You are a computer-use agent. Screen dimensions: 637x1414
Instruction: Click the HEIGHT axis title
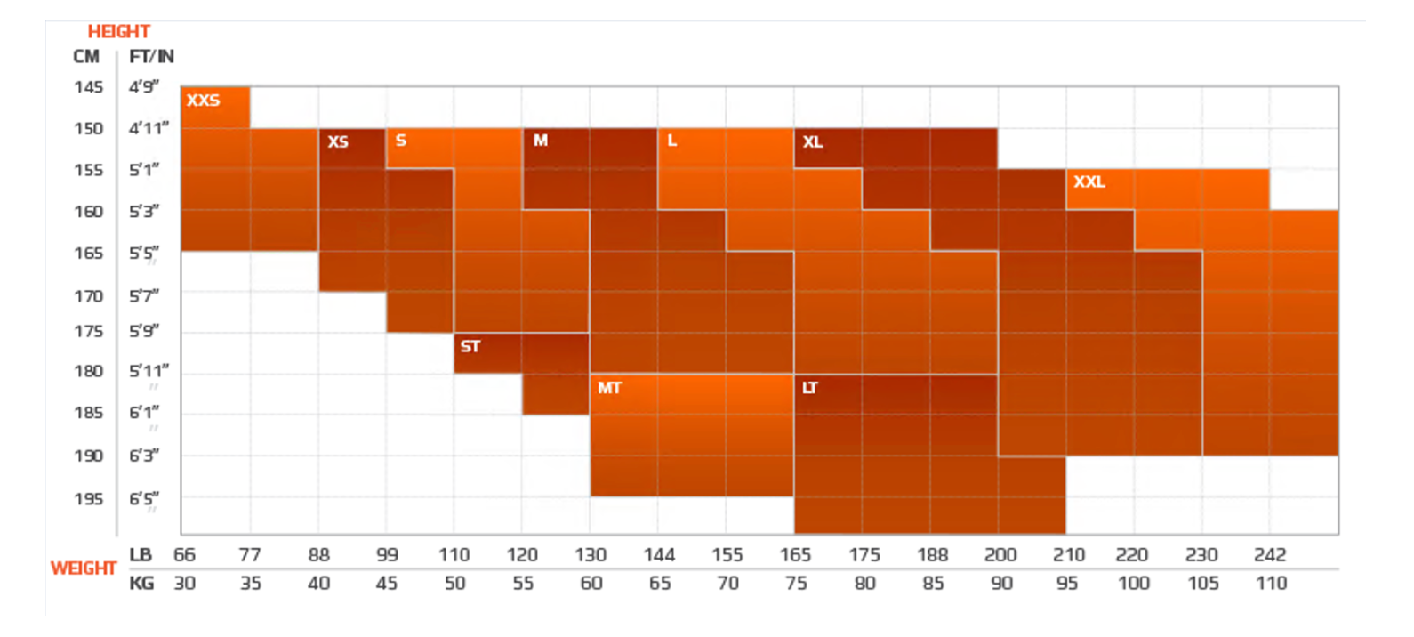(118, 32)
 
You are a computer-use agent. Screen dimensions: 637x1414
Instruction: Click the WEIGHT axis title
(84, 568)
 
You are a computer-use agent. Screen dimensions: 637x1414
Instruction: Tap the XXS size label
(203, 101)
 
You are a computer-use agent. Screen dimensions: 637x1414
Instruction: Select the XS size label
(338, 142)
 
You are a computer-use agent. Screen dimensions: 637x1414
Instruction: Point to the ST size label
(470, 347)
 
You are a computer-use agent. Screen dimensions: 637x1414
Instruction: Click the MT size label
(609, 388)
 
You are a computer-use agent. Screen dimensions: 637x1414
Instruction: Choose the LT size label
(809, 388)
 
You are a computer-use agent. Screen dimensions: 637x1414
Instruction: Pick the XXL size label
(1089, 182)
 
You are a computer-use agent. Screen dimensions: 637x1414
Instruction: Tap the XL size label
(813, 142)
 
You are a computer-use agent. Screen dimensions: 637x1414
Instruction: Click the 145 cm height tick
(88, 87)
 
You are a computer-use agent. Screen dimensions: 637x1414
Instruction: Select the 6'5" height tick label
(144, 499)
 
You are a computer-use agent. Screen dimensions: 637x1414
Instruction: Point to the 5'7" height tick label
(144, 295)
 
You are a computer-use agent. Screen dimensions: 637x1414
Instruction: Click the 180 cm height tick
(88, 371)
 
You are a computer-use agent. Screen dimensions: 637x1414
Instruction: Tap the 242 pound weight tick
(1270, 555)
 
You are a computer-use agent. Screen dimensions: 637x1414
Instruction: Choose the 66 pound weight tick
(184, 555)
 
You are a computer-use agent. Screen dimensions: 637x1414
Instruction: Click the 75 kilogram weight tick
(796, 584)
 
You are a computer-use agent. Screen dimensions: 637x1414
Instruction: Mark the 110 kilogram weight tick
(1271, 584)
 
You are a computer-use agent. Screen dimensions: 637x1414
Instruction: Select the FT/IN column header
(151, 57)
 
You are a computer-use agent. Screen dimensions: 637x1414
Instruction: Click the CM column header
(86, 57)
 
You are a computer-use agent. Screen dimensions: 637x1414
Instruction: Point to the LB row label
(141, 555)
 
